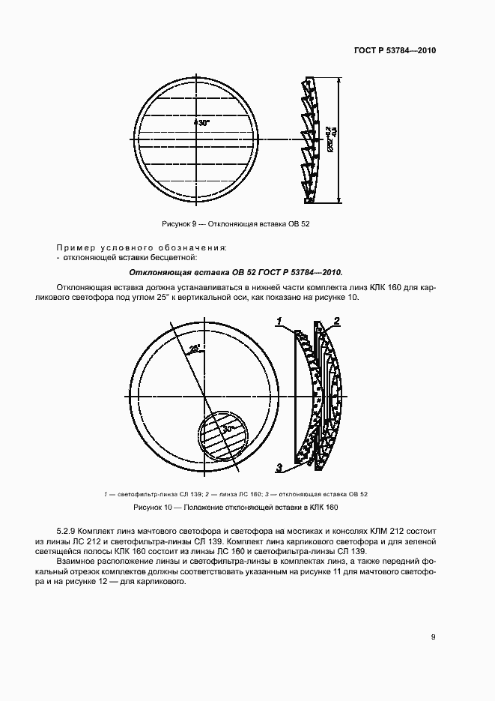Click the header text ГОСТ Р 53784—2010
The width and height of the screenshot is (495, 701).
click(395, 51)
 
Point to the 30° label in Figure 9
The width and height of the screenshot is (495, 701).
click(202, 121)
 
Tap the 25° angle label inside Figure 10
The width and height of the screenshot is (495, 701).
click(195, 348)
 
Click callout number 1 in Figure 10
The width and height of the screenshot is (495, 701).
click(279, 322)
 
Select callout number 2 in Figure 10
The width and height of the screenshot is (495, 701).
click(337, 322)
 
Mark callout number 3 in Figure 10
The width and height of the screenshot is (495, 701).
click(279, 469)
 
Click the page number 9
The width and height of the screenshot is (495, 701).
click(434, 637)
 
